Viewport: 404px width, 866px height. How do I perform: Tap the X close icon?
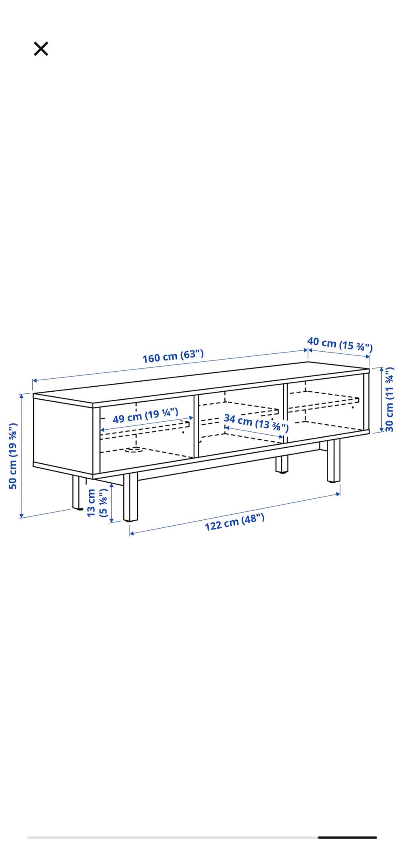[41, 49]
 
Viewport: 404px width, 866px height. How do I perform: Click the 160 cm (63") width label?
[173, 356]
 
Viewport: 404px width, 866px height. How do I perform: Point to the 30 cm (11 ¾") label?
[389, 399]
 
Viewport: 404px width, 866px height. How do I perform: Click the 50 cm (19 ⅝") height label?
[13, 456]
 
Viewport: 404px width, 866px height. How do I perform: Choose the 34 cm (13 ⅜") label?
[256, 423]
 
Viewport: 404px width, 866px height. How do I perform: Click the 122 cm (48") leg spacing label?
[235, 522]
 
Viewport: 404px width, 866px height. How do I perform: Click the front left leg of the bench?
[130, 497]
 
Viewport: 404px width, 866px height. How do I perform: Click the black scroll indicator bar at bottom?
[347, 837]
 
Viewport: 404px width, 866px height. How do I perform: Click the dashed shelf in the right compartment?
[323, 403]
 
